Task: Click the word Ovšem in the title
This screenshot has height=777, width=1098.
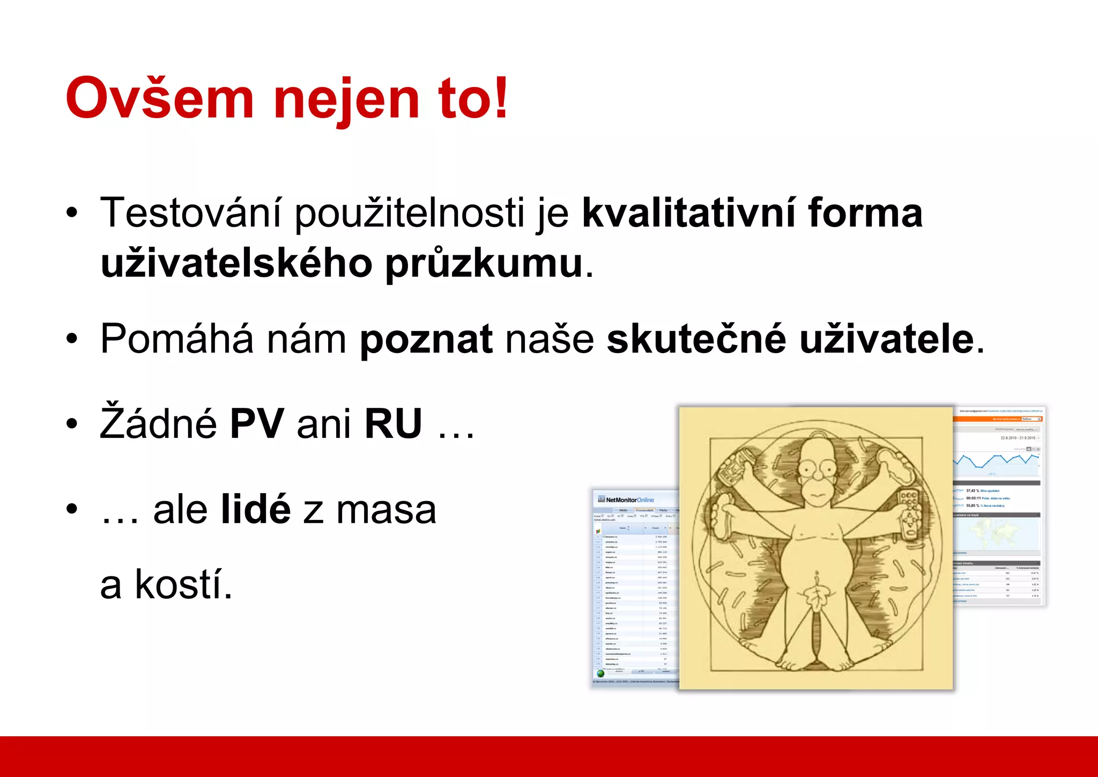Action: click(159, 99)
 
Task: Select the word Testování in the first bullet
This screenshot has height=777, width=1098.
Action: click(190, 213)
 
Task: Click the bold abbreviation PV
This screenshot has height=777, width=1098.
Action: click(256, 424)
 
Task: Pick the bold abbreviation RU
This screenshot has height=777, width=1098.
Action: click(393, 424)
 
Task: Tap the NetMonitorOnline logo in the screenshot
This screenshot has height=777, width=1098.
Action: click(626, 500)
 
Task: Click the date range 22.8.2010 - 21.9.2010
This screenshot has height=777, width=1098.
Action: click(1018, 438)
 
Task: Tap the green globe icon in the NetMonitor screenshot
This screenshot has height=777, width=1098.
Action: click(600, 673)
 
